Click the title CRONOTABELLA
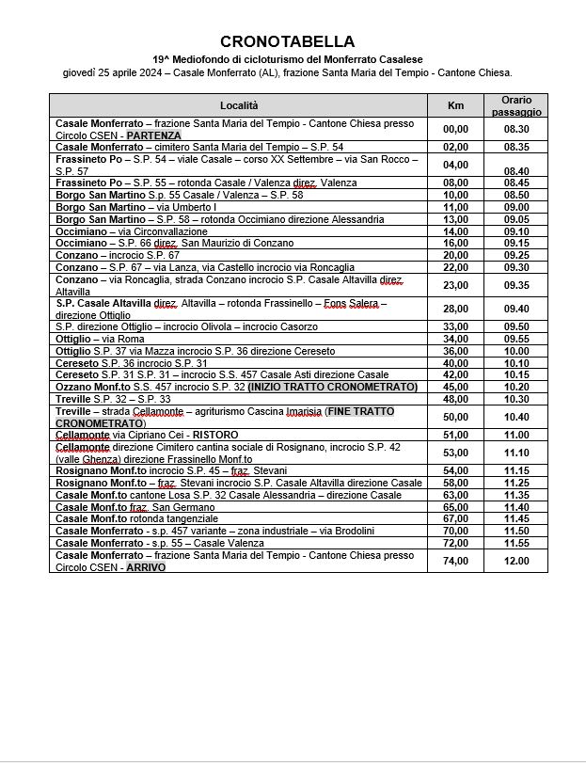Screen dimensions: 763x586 (287, 41)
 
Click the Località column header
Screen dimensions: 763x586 (239, 105)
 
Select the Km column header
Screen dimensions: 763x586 (456, 105)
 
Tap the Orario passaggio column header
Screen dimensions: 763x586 (516, 105)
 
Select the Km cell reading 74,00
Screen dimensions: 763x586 (455, 561)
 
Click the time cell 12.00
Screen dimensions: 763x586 (516, 561)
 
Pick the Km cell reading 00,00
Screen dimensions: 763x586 (455, 129)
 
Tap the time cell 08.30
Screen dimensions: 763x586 (516, 129)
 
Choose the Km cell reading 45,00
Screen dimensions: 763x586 (455, 387)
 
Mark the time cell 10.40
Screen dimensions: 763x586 (516, 417)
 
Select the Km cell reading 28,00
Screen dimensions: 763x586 (455, 309)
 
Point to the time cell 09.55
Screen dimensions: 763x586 (516, 339)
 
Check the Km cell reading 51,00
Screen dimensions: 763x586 (455, 435)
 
